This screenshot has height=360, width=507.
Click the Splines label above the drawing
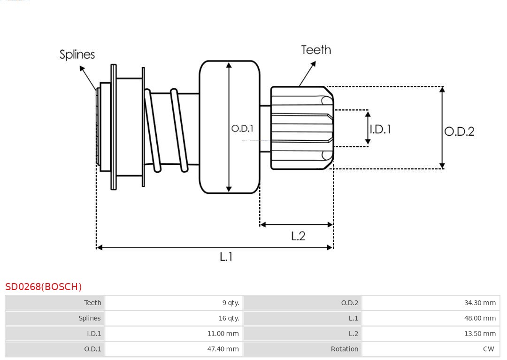pyautogui.click(x=77, y=54)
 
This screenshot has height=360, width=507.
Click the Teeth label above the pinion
pyautogui.click(x=315, y=50)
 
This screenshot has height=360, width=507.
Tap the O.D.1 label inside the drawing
pyautogui.click(x=242, y=128)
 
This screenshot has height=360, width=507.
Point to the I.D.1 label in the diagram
pyautogui.click(x=380, y=129)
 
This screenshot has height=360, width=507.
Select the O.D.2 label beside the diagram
pyautogui.click(x=459, y=131)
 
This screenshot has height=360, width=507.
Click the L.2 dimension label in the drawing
pyautogui.click(x=298, y=236)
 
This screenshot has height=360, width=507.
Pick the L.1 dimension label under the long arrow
pyautogui.click(x=226, y=257)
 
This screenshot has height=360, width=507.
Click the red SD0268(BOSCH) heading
pyautogui.click(x=44, y=287)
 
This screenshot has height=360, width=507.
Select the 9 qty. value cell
pyautogui.click(x=230, y=303)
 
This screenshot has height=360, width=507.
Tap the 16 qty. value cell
pyautogui.click(x=229, y=318)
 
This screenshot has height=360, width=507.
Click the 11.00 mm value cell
pyautogui.click(x=223, y=334)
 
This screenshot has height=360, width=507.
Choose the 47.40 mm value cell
pyautogui.click(x=223, y=349)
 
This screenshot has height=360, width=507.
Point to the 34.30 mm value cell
pyautogui.click(x=480, y=303)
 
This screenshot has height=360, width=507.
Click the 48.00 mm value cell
pyautogui.click(x=480, y=318)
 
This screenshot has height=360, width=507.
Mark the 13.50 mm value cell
pyautogui.click(x=480, y=334)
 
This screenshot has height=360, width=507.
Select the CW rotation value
pyautogui.click(x=488, y=349)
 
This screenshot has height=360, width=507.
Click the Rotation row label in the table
pyautogui.click(x=344, y=349)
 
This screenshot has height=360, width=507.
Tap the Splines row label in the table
pyautogui.click(x=89, y=318)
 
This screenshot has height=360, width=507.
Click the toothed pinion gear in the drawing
pyautogui.click(x=300, y=128)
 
